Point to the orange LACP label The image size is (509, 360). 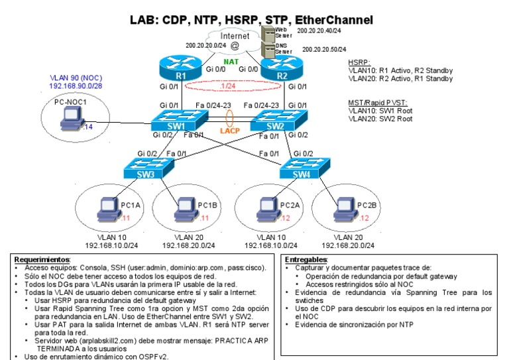[x=230, y=131]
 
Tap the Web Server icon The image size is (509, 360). [x=268, y=32]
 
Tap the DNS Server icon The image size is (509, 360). [x=268, y=49]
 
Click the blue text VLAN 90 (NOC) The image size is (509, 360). [x=72, y=78]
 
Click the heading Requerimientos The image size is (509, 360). [x=42, y=259]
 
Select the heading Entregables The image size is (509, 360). [x=306, y=259]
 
